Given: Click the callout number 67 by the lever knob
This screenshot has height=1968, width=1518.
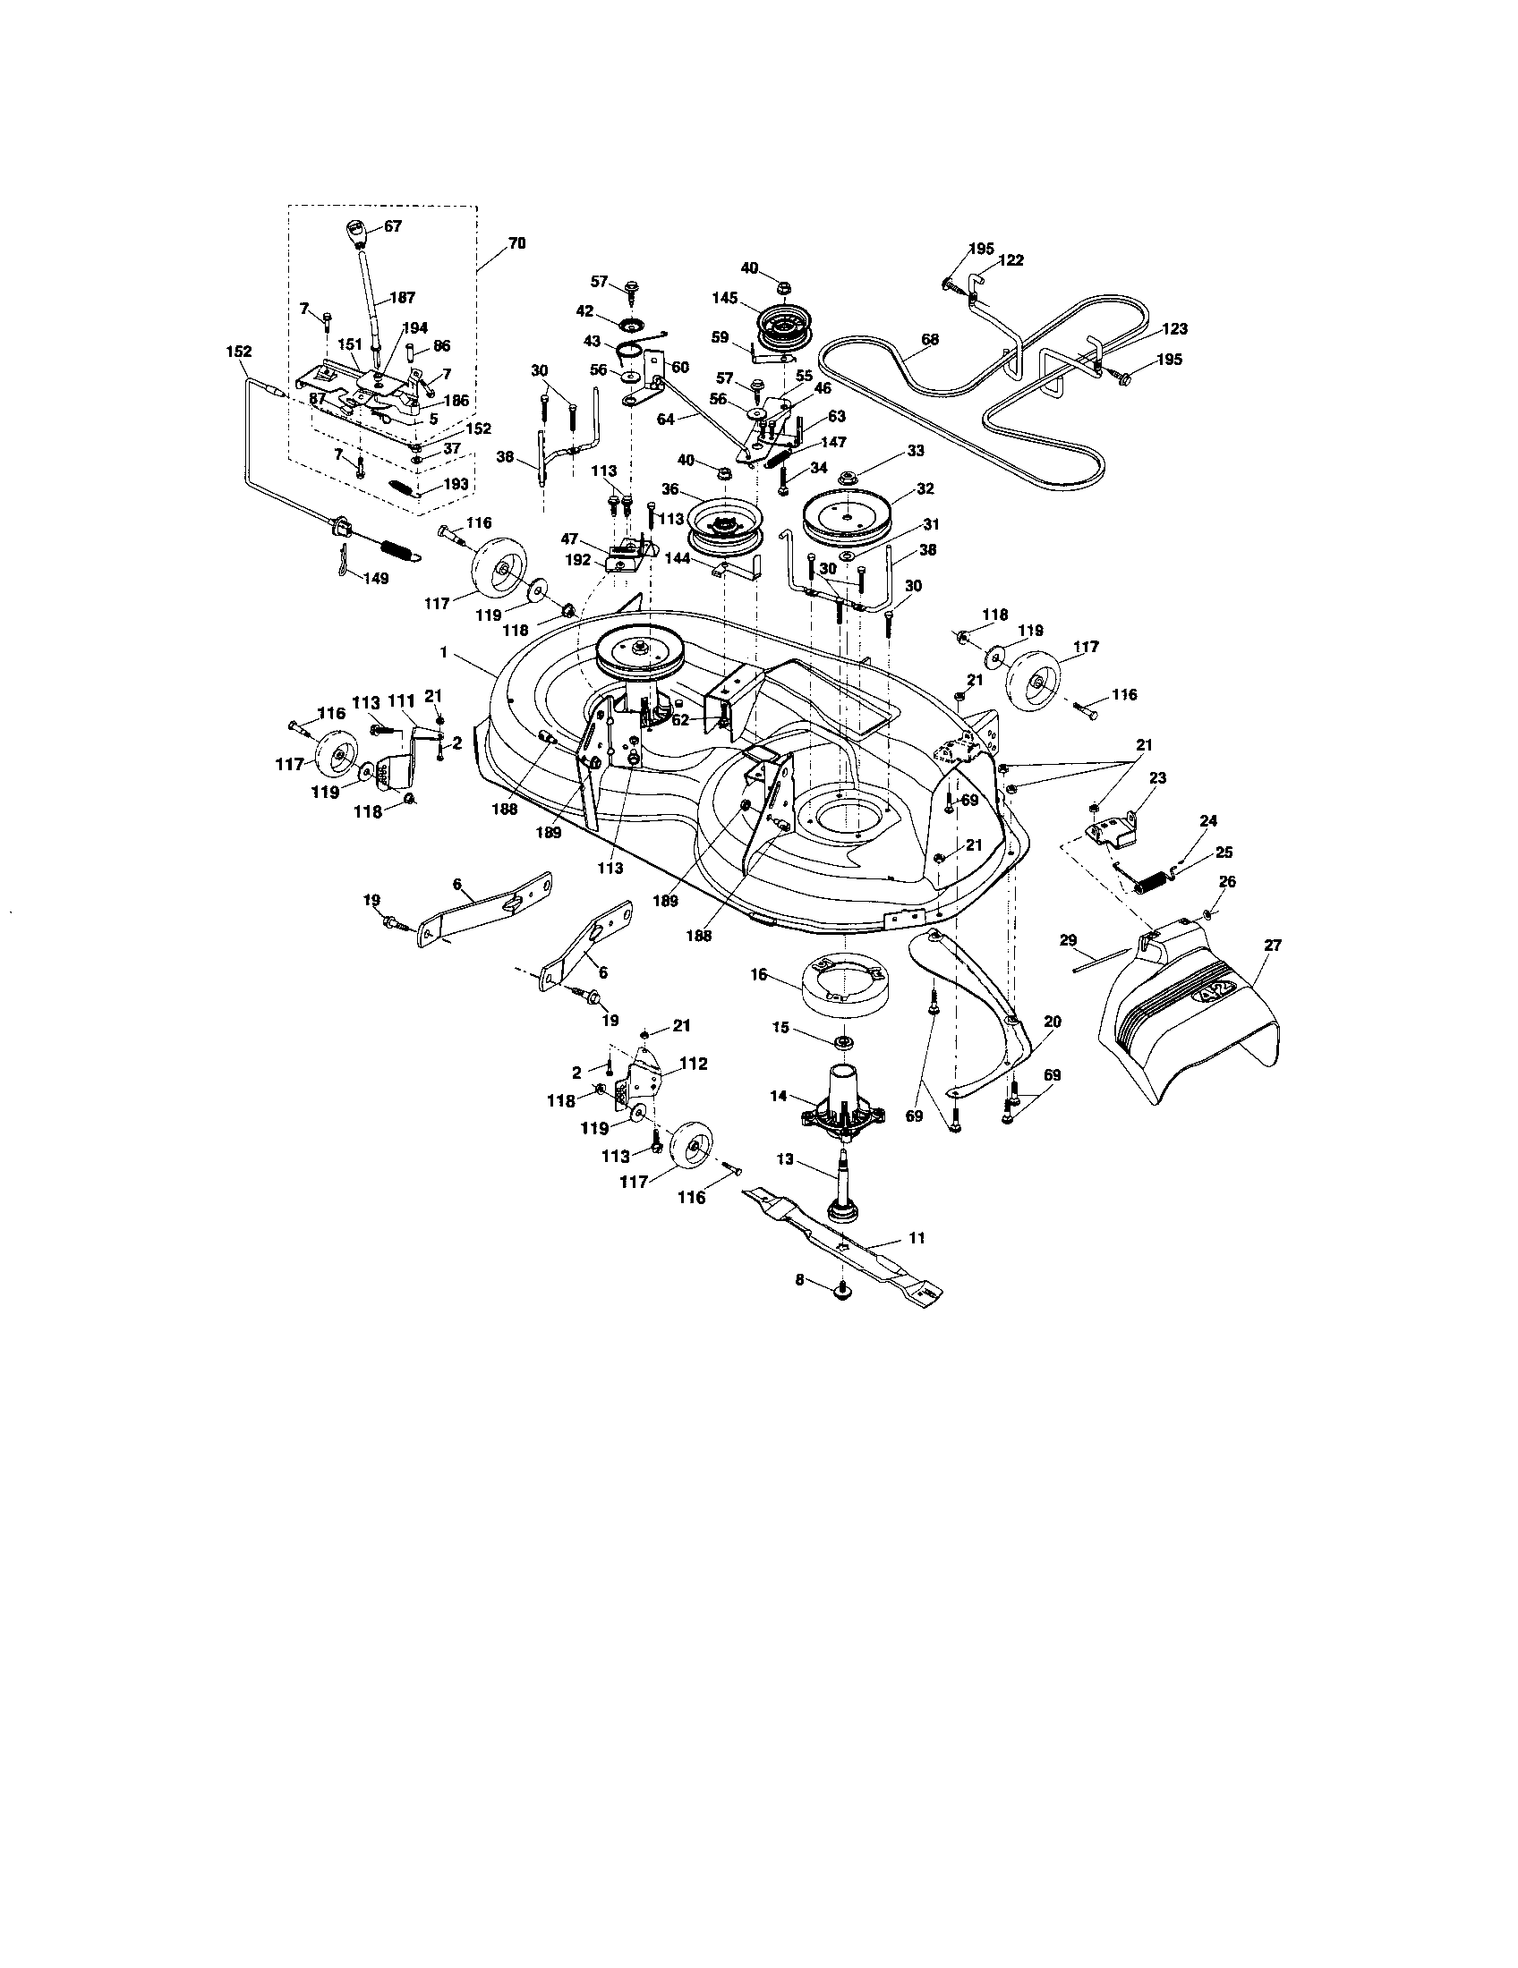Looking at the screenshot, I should click(x=393, y=226).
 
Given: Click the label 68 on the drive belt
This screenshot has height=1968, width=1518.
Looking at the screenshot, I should click(x=930, y=340).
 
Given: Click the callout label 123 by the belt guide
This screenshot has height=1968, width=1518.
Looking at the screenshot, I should click(x=1175, y=329).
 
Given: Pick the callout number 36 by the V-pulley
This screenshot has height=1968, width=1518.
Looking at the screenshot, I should click(x=669, y=489).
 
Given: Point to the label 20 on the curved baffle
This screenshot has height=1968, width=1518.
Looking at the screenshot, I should click(x=1051, y=1022).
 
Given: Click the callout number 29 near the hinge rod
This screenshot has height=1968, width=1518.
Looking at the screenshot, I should click(x=1068, y=940).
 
